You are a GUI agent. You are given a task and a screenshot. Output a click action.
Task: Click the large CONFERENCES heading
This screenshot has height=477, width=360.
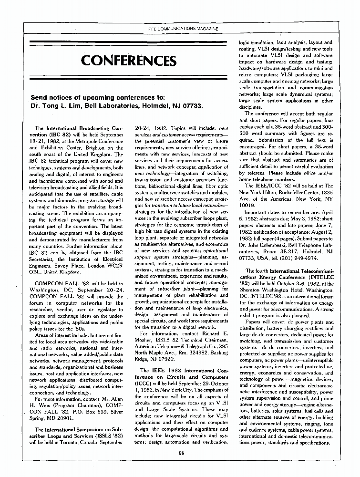click(128, 61)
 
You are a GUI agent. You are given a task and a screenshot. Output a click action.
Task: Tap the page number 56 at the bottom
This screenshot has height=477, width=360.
click(181, 453)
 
